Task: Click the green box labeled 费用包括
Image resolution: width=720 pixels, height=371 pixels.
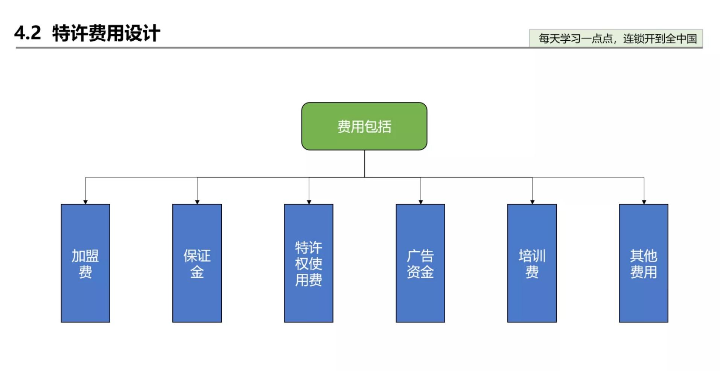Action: click(x=364, y=126)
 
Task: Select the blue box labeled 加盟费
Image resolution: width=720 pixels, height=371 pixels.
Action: click(x=85, y=263)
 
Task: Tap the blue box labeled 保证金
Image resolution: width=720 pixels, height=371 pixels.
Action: click(x=197, y=263)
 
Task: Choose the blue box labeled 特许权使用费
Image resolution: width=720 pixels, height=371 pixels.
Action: click(x=309, y=263)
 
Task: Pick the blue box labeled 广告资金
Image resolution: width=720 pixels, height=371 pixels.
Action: click(x=420, y=263)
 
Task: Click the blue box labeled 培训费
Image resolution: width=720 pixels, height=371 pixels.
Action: click(x=532, y=263)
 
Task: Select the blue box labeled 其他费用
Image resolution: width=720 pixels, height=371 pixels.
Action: click(x=644, y=263)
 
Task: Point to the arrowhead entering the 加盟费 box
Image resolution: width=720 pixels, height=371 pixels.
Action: click(x=85, y=202)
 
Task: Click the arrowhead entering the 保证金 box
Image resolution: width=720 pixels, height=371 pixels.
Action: click(x=197, y=202)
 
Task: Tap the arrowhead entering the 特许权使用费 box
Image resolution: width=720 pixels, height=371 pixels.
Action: click(x=309, y=202)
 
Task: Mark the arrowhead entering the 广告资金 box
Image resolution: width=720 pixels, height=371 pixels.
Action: click(x=421, y=202)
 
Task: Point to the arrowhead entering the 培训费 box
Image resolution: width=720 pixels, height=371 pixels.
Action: click(x=532, y=202)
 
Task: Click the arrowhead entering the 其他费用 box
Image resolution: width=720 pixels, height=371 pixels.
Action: click(x=644, y=202)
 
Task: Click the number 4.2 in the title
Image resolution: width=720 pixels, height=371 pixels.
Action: click(x=27, y=33)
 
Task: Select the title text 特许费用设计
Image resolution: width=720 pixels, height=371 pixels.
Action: click(x=106, y=33)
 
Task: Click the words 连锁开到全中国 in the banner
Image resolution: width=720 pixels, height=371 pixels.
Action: click(x=660, y=38)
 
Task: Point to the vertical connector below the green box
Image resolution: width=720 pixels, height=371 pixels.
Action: click(x=364, y=163)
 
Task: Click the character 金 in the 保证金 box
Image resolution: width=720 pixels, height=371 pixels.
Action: click(x=197, y=272)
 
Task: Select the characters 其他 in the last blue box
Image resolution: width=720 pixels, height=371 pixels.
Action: click(x=644, y=256)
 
